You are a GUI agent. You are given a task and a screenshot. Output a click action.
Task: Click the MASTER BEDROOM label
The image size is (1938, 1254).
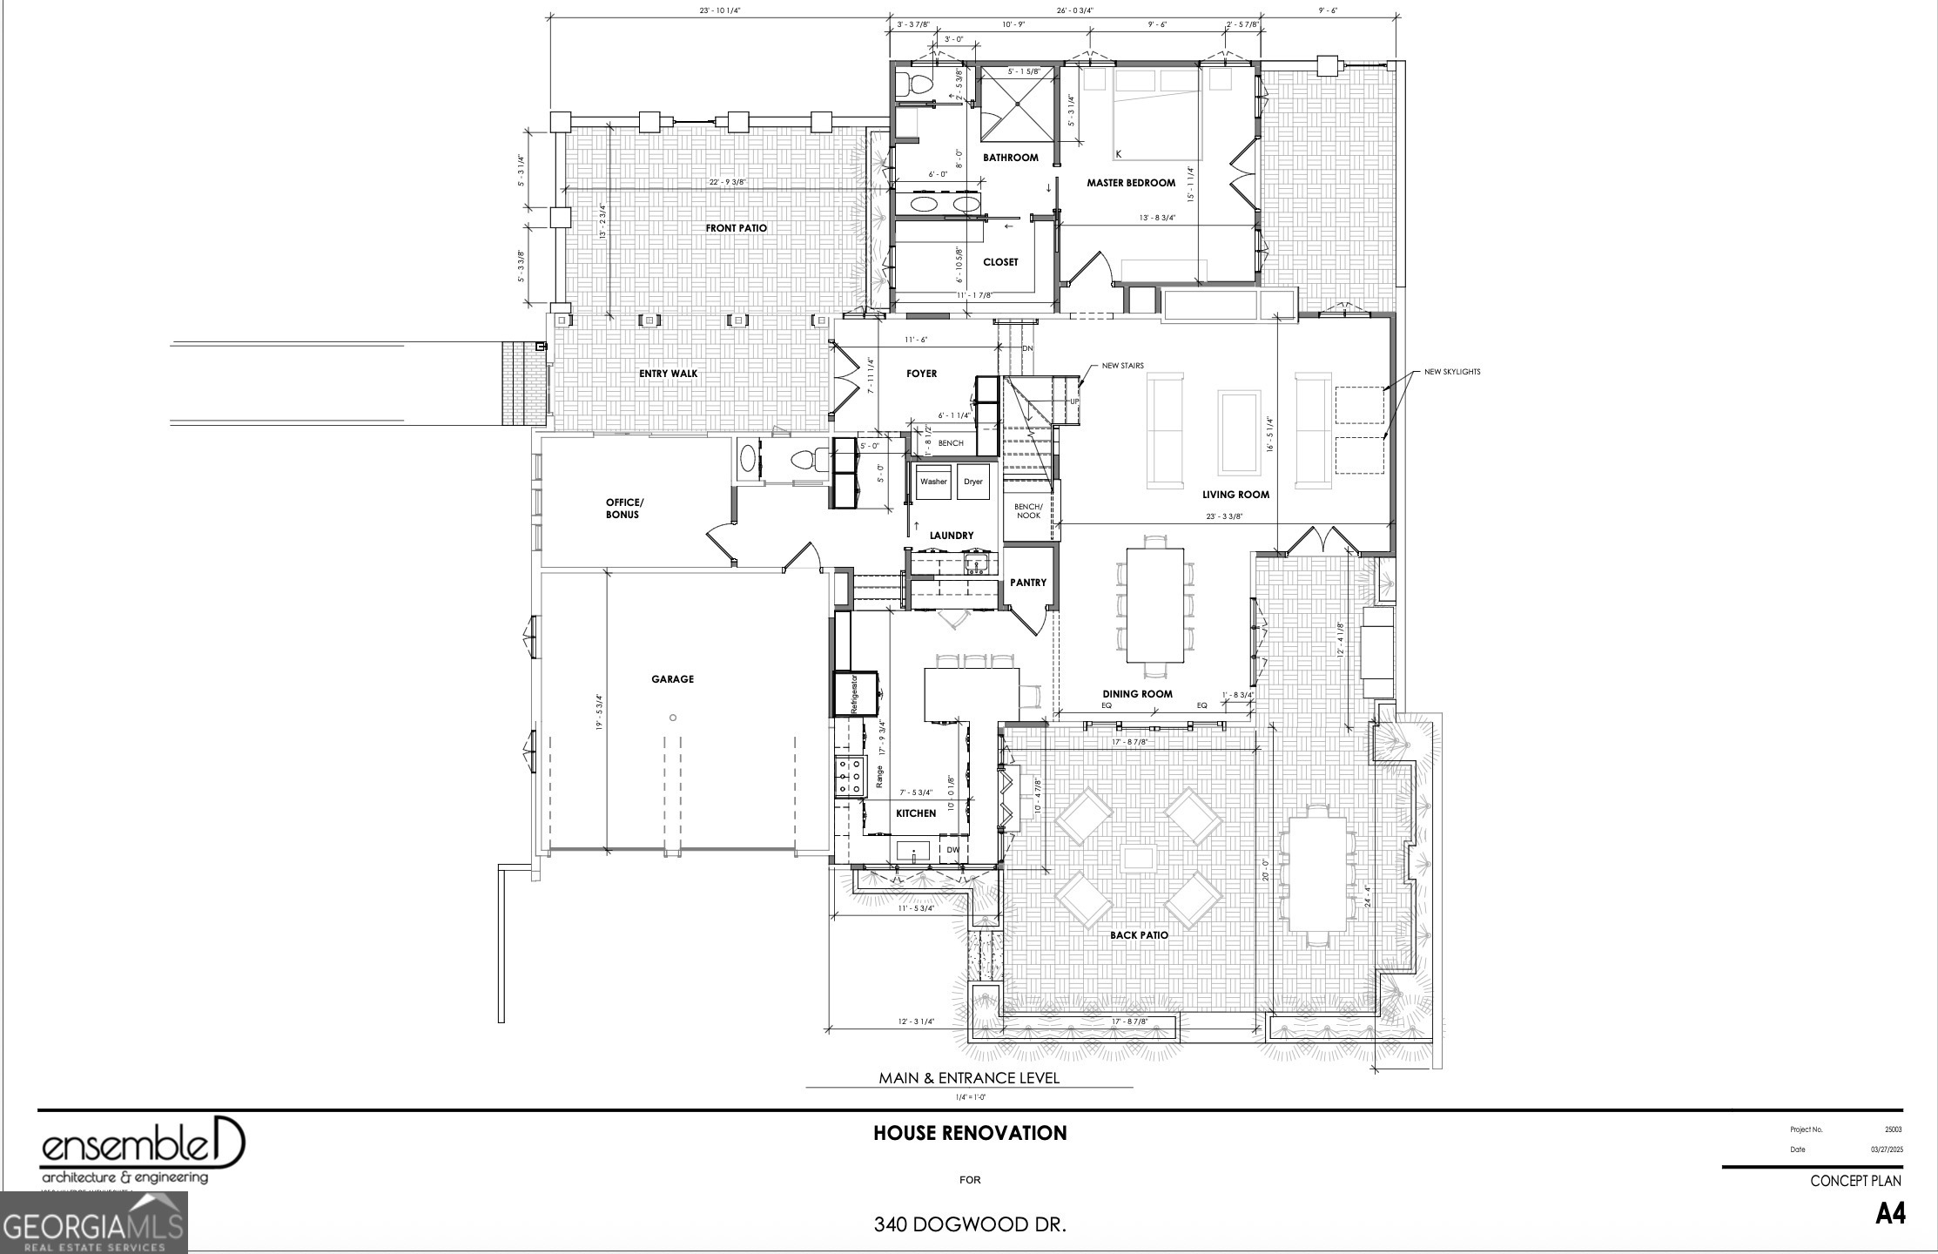[x=1130, y=183]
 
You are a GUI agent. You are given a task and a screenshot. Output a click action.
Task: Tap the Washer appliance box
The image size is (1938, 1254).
[x=933, y=482]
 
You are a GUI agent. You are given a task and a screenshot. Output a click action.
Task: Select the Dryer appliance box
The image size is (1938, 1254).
[x=972, y=482]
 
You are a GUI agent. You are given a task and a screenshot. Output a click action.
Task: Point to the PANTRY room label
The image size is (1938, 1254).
[x=1028, y=583]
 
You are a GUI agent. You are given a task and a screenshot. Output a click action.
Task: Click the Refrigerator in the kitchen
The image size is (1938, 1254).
[x=856, y=693]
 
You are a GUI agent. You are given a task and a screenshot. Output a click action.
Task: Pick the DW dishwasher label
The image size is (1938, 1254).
[x=952, y=850]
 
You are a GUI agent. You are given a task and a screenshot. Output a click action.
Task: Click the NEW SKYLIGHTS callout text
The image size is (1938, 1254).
[x=1451, y=372]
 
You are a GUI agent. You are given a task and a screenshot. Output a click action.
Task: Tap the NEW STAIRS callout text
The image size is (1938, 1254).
[x=1122, y=366]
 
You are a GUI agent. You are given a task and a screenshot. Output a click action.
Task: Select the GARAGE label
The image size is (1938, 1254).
[x=672, y=679]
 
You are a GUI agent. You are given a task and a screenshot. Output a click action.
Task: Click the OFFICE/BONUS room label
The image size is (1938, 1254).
[x=624, y=509]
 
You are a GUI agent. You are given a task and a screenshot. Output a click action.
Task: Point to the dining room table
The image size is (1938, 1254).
[x=1154, y=605]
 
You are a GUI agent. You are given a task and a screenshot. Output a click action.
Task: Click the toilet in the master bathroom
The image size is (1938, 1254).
[x=905, y=84]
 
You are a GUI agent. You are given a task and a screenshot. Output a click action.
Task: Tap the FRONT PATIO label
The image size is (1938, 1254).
[x=736, y=228]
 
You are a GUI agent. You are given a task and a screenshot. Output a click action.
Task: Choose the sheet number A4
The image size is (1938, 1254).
[x=1890, y=1213]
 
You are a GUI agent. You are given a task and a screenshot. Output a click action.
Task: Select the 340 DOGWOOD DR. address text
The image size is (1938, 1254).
[x=970, y=1224]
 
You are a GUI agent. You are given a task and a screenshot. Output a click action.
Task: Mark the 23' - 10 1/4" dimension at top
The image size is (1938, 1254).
[x=719, y=10]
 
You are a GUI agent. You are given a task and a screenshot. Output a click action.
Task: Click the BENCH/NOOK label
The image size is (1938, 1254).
[x=1028, y=511]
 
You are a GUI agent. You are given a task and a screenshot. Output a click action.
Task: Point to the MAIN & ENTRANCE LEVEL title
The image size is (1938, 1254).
[x=969, y=1078]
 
